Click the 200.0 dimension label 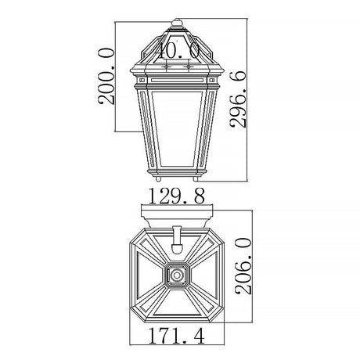106,76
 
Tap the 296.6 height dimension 238,99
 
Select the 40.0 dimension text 178,51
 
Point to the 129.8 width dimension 177,196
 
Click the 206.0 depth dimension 243,266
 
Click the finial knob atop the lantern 177,23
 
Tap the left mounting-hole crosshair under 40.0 167,67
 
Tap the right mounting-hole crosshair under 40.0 187,67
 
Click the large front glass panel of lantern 177,129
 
